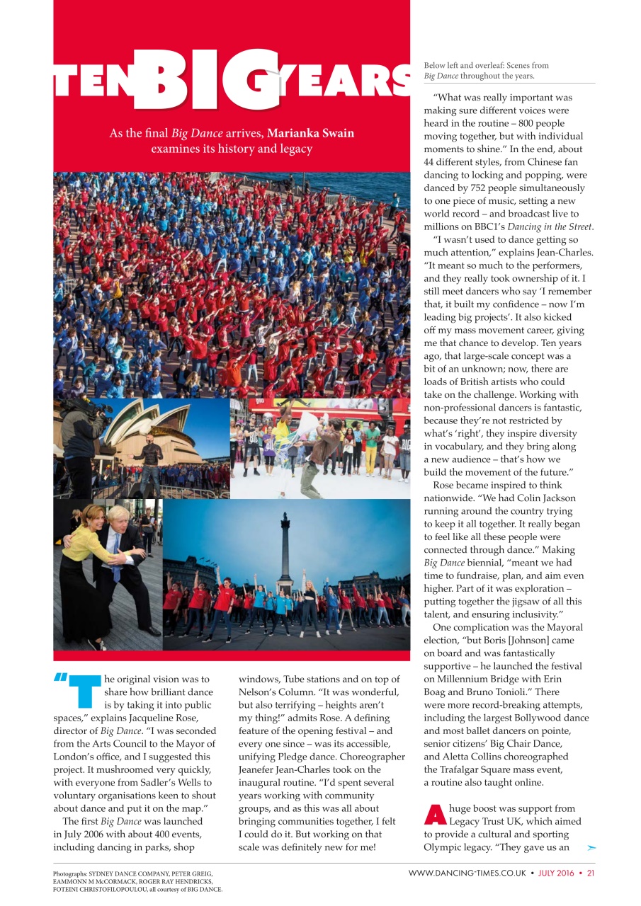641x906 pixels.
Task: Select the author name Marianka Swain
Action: point(310,134)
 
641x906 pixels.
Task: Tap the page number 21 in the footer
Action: point(590,873)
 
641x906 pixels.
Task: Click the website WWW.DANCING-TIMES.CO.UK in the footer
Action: point(467,873)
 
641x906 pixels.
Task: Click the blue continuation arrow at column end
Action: point(591,847)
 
